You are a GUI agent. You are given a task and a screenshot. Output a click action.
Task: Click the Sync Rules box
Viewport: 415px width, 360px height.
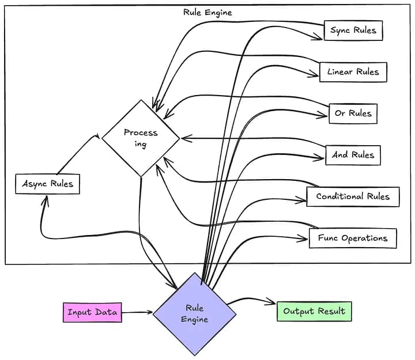coord(353,31)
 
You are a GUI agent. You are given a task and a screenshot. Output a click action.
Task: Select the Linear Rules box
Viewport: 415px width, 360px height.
coord(353,72)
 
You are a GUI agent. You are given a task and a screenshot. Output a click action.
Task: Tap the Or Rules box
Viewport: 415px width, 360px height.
coord(353,113)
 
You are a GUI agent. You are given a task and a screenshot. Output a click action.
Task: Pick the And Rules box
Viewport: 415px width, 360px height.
coord(353,155)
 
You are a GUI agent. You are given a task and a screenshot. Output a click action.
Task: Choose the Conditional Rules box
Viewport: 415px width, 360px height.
coord(353,196)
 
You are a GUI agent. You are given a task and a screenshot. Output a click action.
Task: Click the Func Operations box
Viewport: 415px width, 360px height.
coord(353,238)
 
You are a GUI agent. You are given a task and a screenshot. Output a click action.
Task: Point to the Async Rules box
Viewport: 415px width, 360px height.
coord(47,184)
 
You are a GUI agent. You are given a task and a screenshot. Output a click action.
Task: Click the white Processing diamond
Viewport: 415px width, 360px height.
coord(141,138)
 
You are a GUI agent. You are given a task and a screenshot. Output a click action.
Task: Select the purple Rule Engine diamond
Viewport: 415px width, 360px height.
coord(194,314)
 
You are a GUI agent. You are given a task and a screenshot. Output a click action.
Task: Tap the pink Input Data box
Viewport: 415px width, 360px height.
coord(92,313)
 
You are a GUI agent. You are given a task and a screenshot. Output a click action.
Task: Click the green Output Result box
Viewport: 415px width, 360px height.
coord(314,312)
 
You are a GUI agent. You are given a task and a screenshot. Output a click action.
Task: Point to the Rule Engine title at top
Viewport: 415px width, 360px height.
coord(207,12)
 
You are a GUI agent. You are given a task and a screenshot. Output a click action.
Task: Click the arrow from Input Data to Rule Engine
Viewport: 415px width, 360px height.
coord(137,313)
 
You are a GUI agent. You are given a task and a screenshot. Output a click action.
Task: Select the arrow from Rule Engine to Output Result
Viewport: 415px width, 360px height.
coord(254,300)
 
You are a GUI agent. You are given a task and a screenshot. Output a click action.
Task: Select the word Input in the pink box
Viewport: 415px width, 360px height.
coord(79,313)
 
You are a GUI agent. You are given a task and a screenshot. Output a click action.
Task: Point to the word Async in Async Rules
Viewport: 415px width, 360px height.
coord(35,184)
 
